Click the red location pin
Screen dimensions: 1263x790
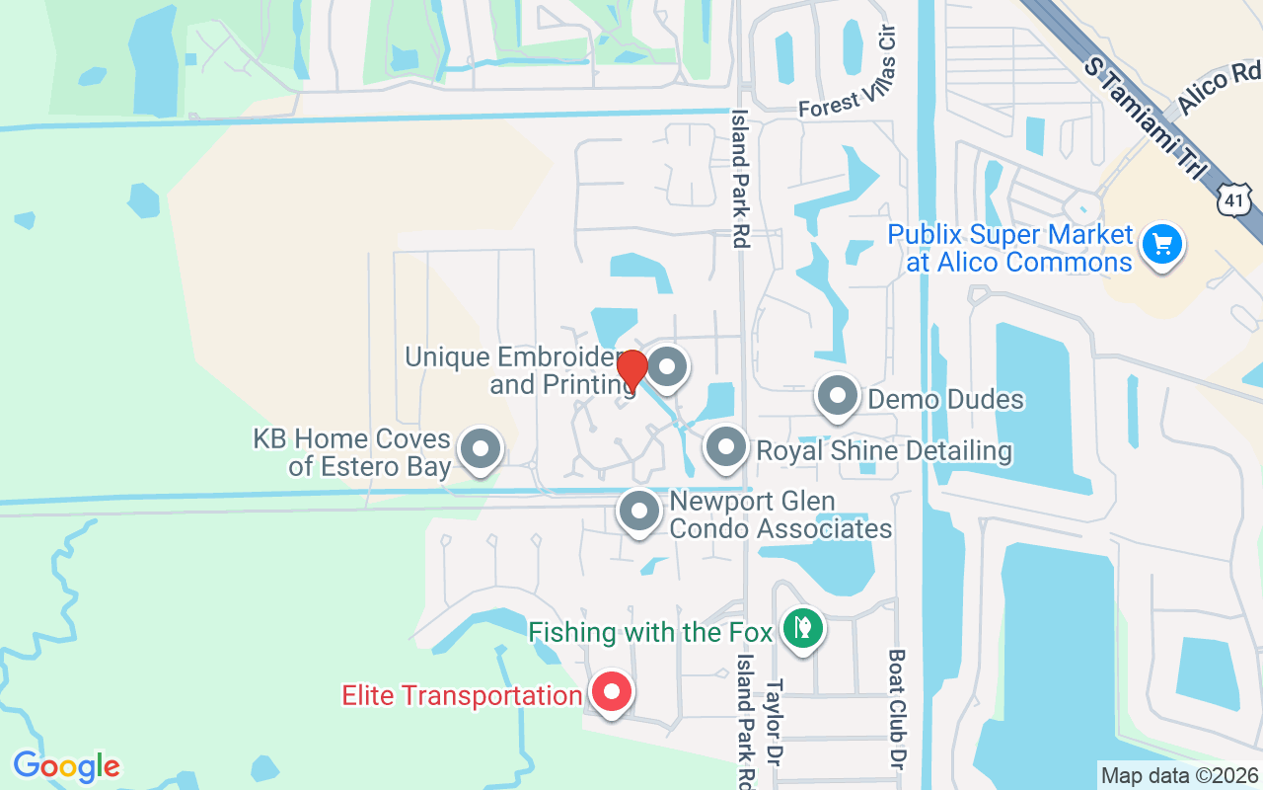click(x=631, y=370)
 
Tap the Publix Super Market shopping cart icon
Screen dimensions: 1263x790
click(x=1162, y=243)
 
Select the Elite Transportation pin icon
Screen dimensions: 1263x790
click(x=612, y=692)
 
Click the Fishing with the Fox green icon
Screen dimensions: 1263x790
click(x=802, y=627)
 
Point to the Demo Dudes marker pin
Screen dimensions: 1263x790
click(x=838, y=396)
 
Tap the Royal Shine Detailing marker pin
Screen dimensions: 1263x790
click(x=726, y=447)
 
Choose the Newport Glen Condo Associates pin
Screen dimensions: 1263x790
click(x=638, y=512)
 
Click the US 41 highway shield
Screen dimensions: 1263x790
click(x=1235, y=200)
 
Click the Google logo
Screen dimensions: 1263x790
click(x=66, y=766)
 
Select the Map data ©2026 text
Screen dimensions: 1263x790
click(x=1180, y=776)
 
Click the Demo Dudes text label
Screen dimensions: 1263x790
click(x=945, y=399)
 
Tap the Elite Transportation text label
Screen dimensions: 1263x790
click(x=462, y=695)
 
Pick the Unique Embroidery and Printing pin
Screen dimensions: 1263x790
click(x=668, y=367)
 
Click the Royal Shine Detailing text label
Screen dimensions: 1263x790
click(x=884, y=451)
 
